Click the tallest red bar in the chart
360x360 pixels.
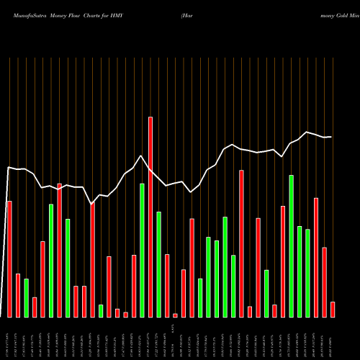150,216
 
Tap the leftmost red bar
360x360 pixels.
9,258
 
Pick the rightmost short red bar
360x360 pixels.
333,309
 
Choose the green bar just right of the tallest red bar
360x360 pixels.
158,264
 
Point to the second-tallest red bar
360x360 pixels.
241,243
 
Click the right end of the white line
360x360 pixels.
331,137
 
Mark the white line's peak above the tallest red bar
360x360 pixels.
142,156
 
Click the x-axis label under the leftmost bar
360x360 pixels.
9,338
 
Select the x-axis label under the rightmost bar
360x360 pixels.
333,338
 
